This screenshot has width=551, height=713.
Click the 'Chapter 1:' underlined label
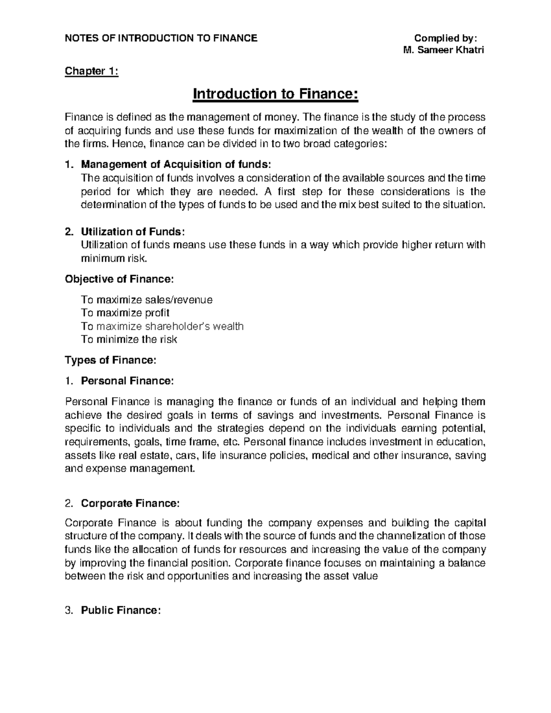point(91,71)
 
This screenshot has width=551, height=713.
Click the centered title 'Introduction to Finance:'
point(275,94)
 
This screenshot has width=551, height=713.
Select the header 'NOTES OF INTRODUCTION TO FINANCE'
point(161,38)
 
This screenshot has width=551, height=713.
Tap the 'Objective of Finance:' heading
point(119,279)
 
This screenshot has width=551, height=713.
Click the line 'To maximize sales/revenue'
point(146,300)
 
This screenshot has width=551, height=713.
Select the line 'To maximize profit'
point(125,313)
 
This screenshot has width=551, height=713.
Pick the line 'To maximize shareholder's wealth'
point(162,326)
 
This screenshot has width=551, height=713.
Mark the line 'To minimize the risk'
point(129,340)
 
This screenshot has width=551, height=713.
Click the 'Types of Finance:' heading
point(111,360)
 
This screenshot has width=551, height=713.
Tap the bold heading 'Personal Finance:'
point(127,381)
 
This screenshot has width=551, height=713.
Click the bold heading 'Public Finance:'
point(121,610)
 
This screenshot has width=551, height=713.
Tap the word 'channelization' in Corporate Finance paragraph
point(408,536)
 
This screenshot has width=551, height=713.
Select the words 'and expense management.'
point(130,469)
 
